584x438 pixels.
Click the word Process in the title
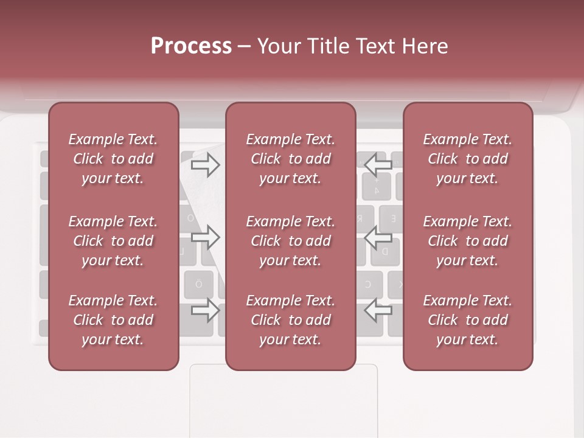click(x=191, y=46)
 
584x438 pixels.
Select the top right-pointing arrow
click(x=205, y=165)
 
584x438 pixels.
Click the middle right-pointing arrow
click(x=205, y=237)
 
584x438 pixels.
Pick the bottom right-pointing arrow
click(x=205, y=310)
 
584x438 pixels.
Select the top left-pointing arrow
click(x=378, y=164)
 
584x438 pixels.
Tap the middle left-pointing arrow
click(x=378, y=237)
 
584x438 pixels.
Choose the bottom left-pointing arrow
click(x=378, y=310)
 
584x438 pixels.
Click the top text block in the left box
click(x=113, y=159)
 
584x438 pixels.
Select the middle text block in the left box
click(x=113, y=241)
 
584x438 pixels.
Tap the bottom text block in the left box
click(x=113, y=320)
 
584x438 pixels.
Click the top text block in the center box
click(x=290, y=159)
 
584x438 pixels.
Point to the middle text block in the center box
click(x=290, y=241)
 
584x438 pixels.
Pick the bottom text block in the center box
click(x=290, y=320)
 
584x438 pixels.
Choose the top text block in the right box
click(x=467, y=159)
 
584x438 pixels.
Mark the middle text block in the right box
click(x=467, y=241)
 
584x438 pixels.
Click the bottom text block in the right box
click(x=467, y=320)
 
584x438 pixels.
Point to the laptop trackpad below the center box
click(x=283, y=401)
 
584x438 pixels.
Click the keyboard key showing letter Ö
click(x=199, y=284)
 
